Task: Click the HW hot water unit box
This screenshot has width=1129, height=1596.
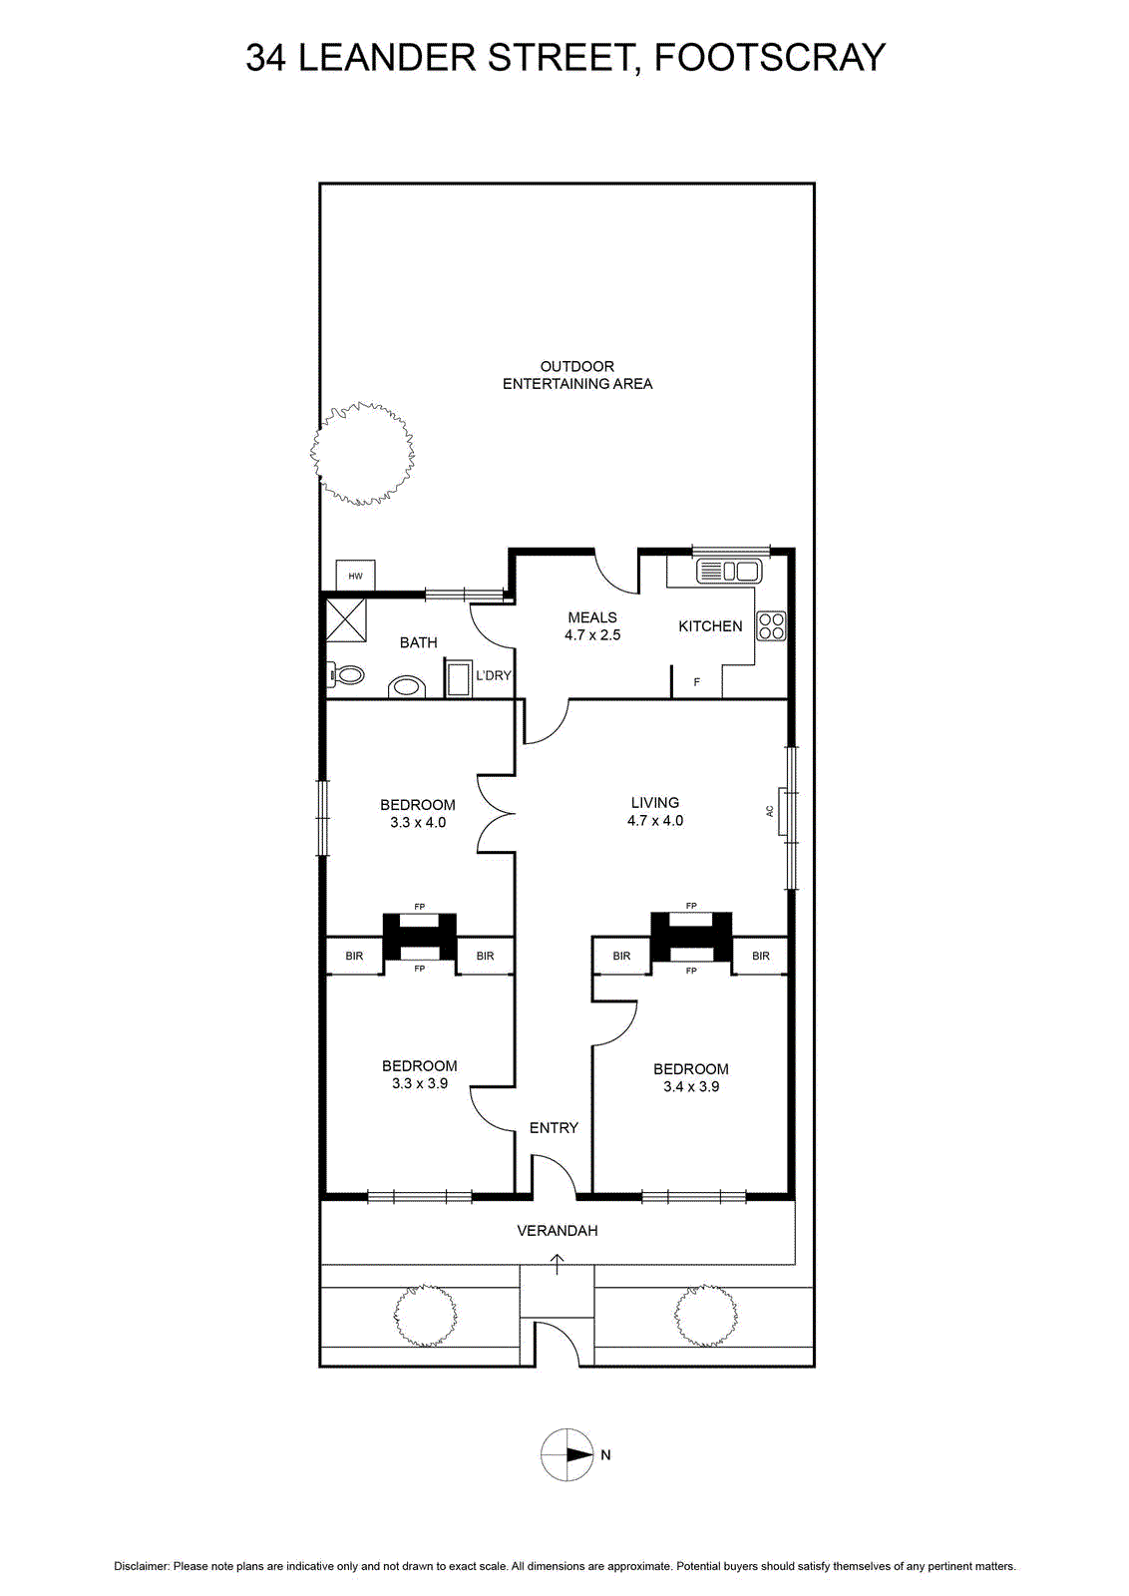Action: point(355,575)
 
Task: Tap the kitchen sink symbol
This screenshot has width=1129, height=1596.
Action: point(729,571)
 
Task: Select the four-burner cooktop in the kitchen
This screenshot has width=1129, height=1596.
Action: point(771,626)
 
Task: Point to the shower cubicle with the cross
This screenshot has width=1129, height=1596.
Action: point(345,619)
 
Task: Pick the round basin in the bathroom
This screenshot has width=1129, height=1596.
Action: point(407,687)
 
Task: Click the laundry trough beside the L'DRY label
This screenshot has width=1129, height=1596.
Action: point(458,678)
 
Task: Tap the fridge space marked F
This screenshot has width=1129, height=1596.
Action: point(696,682)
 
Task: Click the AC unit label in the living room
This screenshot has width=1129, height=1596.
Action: point(769,811)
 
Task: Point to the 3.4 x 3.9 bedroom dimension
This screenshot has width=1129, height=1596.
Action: point(691,1086)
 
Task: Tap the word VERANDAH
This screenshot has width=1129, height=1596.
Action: point(558,1231)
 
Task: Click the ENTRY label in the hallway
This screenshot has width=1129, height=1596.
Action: point(554,1128)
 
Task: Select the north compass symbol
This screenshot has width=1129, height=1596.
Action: point(566,1455)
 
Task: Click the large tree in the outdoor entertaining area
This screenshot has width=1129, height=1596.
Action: point(363,453)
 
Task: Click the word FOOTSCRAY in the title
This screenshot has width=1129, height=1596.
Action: point(769,57)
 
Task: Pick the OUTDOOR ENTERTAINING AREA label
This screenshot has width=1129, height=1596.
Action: point(576,375)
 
